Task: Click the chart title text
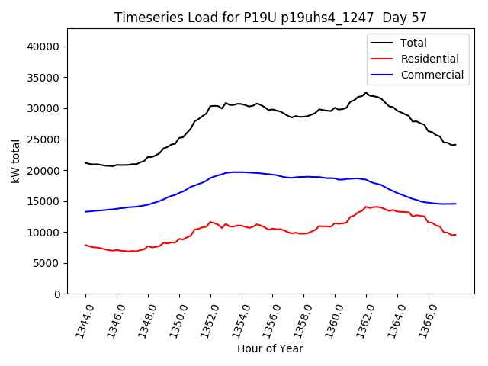pyautogui.click(x=271, y=18)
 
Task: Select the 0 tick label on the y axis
pyautogui.click(x=58, y=294)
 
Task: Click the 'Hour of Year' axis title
pyautogui.click(x=270, y=349)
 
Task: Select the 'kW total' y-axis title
pyautogui.click(x=15, y=162)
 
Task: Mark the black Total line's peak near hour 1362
pyautogui.click(x=366, y=93)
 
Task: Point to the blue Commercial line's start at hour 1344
pyautogui.click(x=85, y=211)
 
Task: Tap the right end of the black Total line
pyautogui.click(x=455, y=145)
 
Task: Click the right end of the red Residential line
pyautogui.click(x=455, y=235)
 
